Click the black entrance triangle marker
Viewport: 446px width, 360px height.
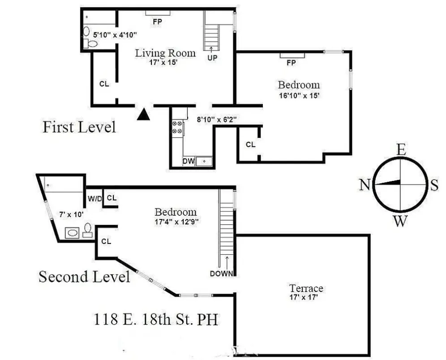coord(142,115)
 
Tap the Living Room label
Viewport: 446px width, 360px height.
coord(166,53)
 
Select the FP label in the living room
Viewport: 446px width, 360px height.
coord(157,21)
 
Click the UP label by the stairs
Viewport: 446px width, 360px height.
coord(212,57)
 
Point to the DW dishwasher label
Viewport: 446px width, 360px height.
coord(188,161)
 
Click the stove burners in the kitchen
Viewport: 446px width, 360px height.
coord(177,127)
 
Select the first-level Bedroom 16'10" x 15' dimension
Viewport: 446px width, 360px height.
coord(299,95)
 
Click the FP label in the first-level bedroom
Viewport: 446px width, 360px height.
coord(291,63)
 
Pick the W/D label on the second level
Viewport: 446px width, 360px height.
coord(94,197)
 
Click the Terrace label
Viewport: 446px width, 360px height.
coord(306,288)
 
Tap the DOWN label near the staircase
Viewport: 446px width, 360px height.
coord(222,274)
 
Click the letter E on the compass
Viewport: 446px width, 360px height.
coord(401,150)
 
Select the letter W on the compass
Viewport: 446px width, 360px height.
coord(400,220)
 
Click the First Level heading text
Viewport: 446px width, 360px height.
coord(79,127)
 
